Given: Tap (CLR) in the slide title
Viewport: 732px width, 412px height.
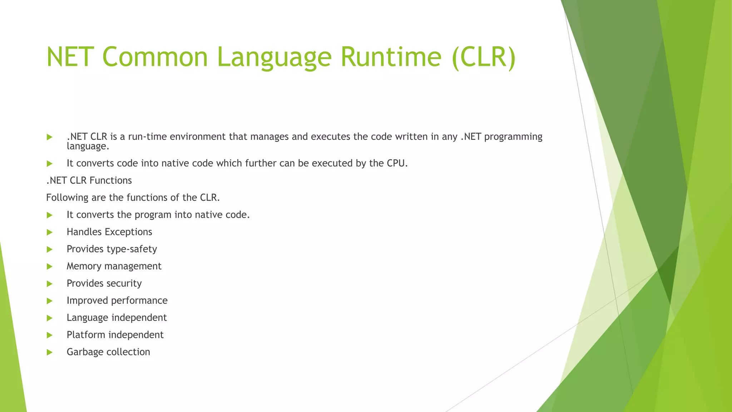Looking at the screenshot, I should click(x=484, y=57).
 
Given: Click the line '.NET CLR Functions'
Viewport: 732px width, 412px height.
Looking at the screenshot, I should click(x=89, y=181).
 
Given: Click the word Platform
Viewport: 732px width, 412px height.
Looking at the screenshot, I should click(x=86, y=335).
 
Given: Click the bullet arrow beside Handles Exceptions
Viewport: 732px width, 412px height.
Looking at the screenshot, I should click(x=50, y=232).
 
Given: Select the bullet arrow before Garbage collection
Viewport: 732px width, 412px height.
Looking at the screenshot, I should click(x=50, y=353).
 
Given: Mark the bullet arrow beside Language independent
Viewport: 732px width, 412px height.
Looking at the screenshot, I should click(x=50, y=318).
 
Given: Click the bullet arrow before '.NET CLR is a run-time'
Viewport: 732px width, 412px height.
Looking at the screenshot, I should click(x=50, y=137).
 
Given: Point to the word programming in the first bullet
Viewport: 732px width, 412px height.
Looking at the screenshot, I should click(x=513, y=137).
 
